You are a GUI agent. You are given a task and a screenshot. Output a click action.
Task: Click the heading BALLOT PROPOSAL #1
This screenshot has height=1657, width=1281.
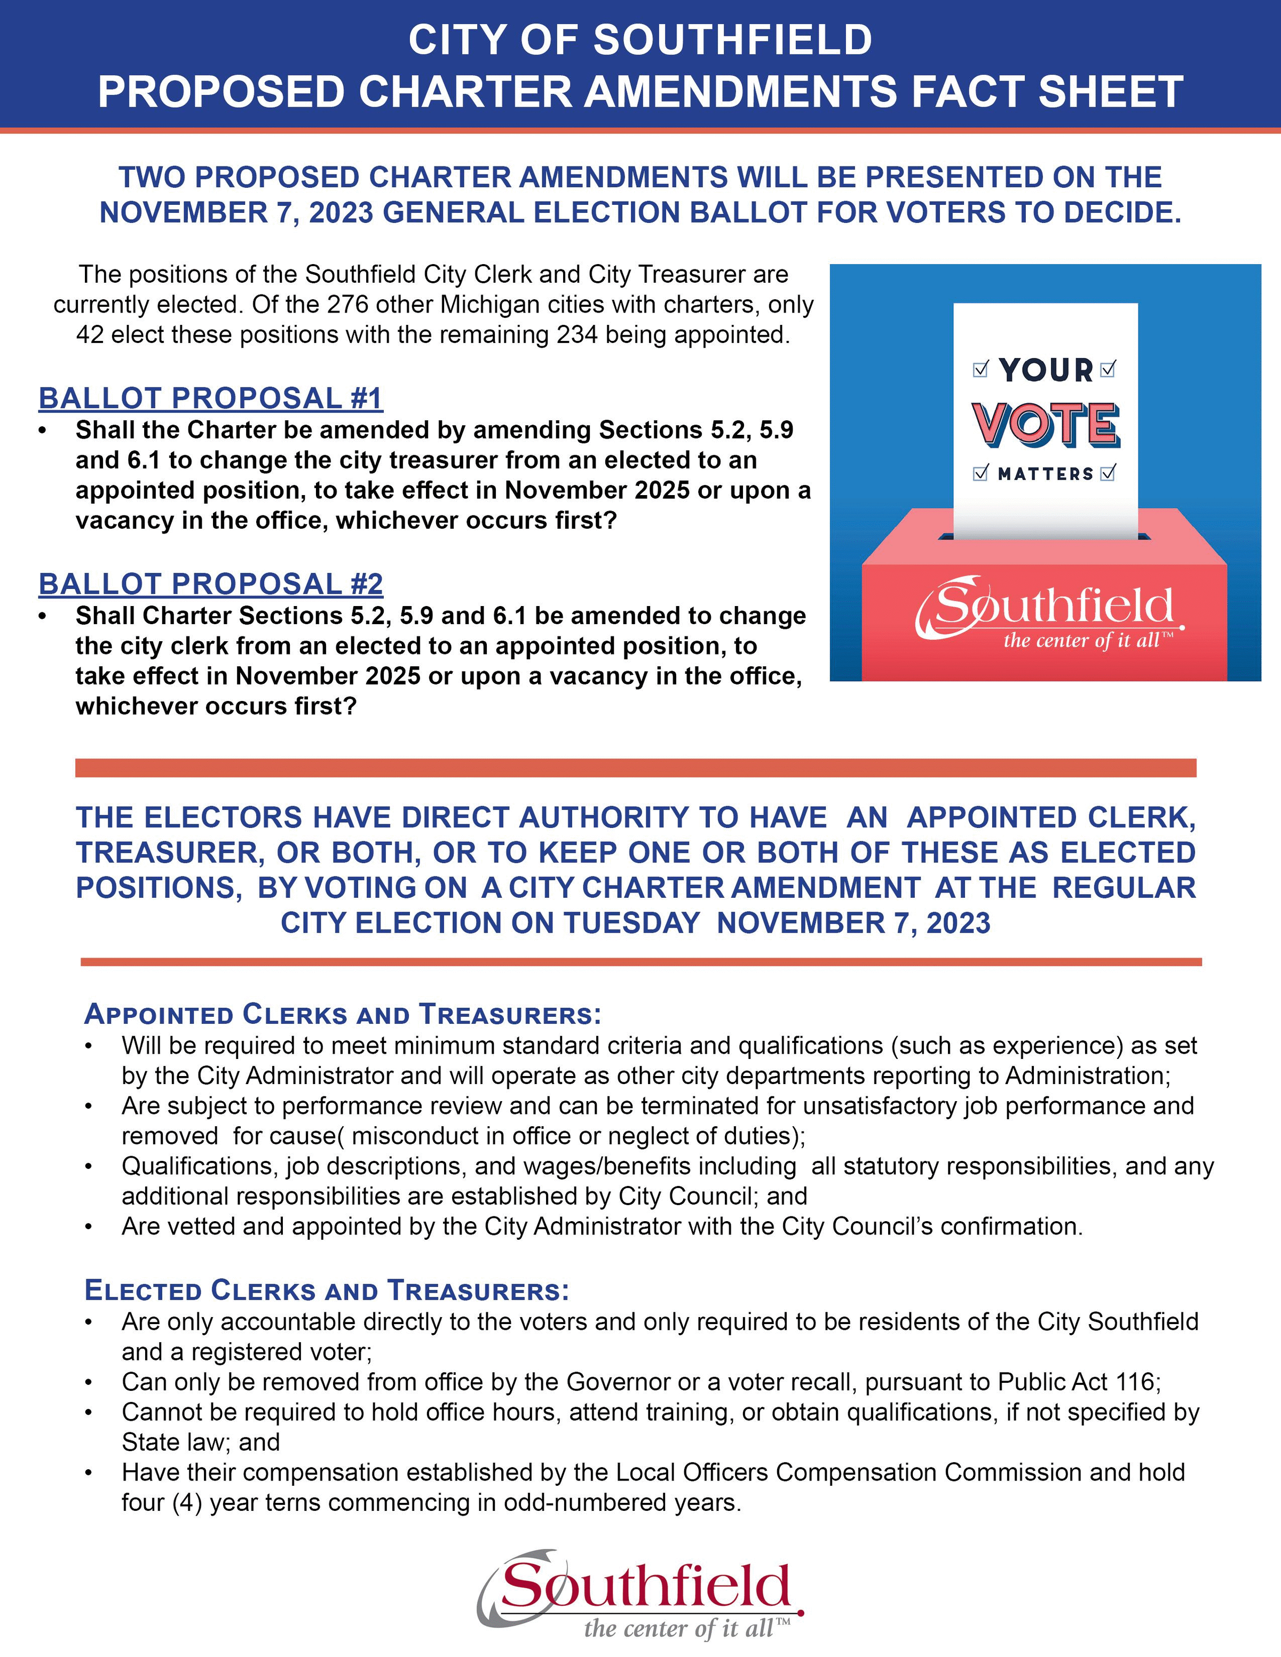click(210, 399)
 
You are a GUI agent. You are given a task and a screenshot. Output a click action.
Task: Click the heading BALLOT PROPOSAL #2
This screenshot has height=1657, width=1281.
click(210, 584)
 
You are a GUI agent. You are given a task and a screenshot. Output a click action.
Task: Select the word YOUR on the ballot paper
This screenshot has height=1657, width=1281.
click(1046, 370)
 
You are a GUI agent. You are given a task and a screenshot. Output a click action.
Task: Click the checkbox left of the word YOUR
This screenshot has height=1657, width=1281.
click(980, 370)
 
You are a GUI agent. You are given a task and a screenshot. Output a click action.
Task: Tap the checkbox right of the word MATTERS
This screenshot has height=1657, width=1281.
click(1109, 473)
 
